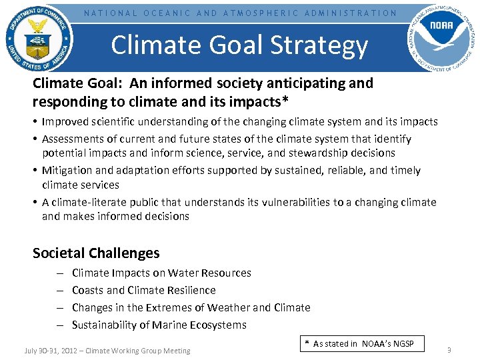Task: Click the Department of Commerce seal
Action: click(39, 38)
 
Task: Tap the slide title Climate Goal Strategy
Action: click(239, 45)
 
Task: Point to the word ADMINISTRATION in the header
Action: click(351, 13)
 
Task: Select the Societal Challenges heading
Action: click(96, 253)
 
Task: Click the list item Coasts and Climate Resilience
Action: click(143, 290)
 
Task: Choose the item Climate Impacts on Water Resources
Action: click(161, 273)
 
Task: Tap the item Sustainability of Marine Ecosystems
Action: click(159, 325)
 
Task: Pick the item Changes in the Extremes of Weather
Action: click(191, 307)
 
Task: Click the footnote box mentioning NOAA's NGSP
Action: click(359, 344)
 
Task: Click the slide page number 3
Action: click(449, 350)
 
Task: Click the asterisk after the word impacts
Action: click(285, 101)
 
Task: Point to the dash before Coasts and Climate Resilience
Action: click(59, 291)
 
